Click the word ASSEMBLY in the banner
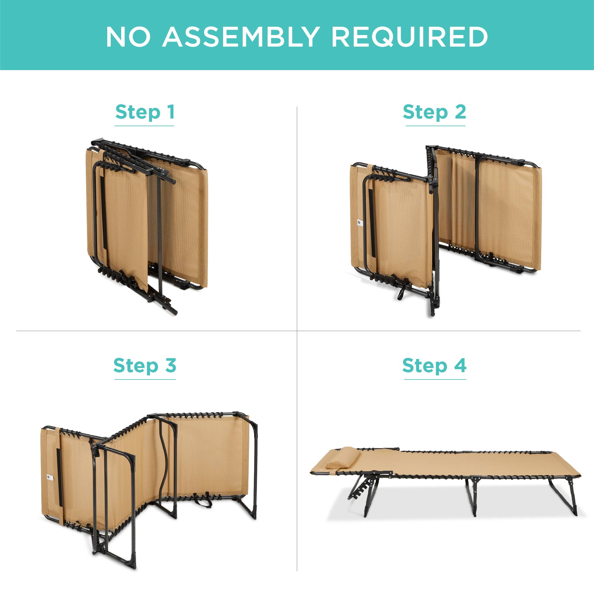239,37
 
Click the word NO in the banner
128,37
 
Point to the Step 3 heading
145,366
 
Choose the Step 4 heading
434,366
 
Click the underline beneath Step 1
144,126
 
